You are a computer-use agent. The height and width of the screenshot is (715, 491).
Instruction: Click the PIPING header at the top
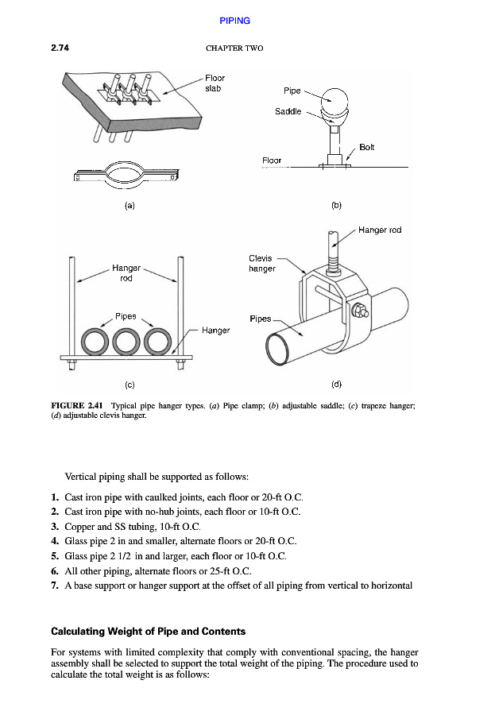coord(234,21)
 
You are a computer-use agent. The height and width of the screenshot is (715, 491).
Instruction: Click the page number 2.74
coord(60,48)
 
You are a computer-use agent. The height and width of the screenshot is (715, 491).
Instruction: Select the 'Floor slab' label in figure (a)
coord(215,83)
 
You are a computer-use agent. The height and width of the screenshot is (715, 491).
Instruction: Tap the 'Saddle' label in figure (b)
coord(288,112)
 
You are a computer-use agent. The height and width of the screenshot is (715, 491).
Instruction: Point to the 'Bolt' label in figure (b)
coord(366,147)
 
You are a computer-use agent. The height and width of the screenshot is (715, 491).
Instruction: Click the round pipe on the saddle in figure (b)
coord(335,102)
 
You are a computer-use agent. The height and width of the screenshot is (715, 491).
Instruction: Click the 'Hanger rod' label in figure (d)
coord(380,230)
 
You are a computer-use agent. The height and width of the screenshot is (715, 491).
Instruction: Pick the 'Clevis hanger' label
coord(261,263)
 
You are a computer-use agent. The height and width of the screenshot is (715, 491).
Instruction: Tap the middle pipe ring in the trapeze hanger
coord(128,342)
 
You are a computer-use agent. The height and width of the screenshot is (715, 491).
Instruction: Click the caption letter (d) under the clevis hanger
coord(336,384)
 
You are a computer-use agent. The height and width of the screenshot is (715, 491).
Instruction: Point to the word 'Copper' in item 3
coord(79,526)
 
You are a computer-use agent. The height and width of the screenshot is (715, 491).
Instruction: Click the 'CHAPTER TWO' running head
coord(234,48)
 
